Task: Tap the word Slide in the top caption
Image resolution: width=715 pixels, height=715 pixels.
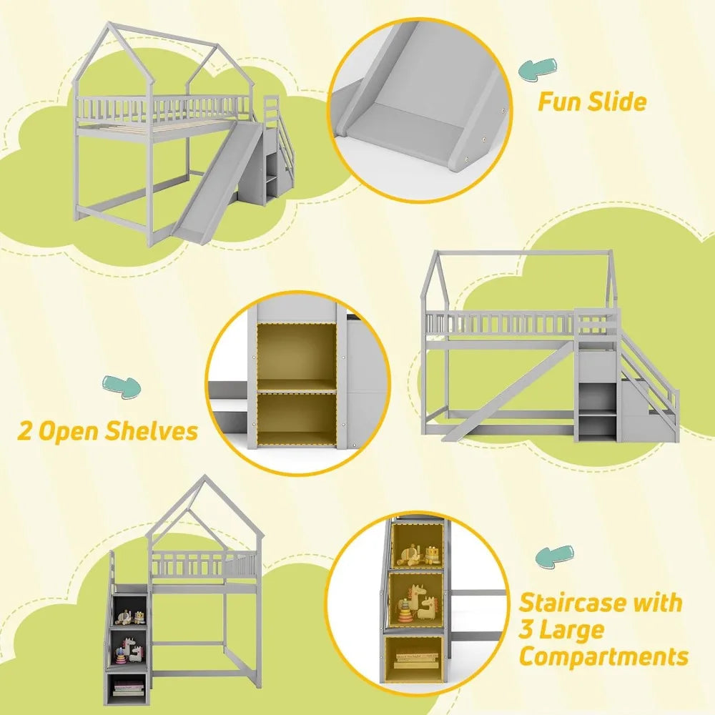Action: coord(616,101)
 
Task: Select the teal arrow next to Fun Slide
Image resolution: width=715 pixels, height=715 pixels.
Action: coord(538,68)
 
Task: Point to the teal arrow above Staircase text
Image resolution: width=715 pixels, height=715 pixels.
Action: coord(555,556)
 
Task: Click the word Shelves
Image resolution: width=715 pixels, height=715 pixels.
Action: coord(151,431)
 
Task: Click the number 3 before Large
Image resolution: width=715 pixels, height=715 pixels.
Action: coord(527,630)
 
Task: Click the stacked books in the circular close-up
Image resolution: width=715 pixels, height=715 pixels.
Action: coord(416,660)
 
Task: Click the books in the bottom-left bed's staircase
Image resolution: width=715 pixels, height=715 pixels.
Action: coord(128,689)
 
